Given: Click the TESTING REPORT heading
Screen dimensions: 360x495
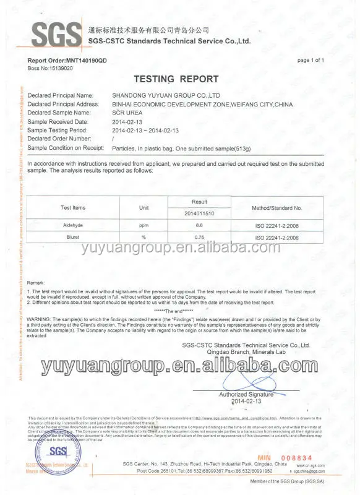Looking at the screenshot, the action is pyautogui.click(x=176, y=79).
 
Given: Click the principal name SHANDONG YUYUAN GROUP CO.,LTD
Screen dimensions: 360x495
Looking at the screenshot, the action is pyautogui.click(x=166, y=96).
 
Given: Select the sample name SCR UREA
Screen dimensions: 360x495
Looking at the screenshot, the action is pyautogui.click(x=128, y=113).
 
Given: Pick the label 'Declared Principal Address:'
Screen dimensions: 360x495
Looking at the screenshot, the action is pyautogui.click(x=64, y=104).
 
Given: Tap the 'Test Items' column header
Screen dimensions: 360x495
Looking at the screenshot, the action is pyautogui.click(x=73, y=208).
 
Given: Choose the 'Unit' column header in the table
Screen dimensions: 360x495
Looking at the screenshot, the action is pyautogui.click(x=144, y=208).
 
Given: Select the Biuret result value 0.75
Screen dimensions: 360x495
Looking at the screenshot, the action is pyautogui.click(x=199, y=237).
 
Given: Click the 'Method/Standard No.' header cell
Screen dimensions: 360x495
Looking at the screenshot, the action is pyautogui.click(x=276, y=208).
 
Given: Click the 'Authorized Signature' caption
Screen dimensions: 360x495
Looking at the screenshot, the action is pyautogui.click(x=246, y=394).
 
